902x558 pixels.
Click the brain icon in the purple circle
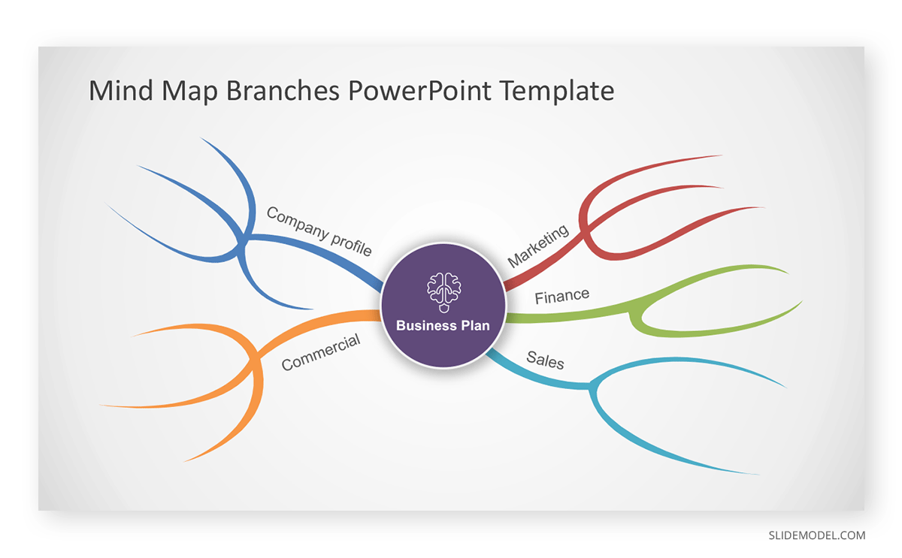point(443,292)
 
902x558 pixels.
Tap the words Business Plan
point(443,325)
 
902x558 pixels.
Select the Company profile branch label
point(319,231)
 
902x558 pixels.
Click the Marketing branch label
point(538,246)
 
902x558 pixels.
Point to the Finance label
point(561,296)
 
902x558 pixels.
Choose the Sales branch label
point(545,360)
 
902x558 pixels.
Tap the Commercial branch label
point(321,352)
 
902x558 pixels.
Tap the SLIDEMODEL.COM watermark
point(817,535)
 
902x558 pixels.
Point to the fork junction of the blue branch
point(244,241)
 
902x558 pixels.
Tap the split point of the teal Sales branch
point(593,388)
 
